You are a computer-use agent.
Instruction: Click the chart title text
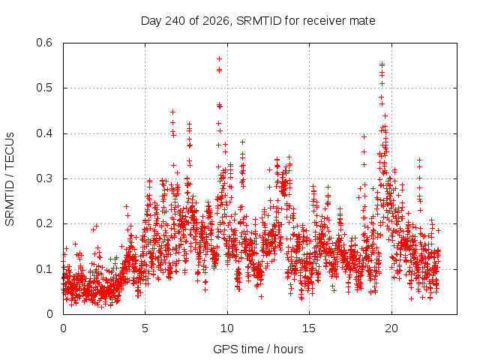click(258, 21)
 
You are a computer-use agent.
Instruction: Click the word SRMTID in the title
click(259, 21)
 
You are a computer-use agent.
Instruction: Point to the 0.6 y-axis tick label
click(44, 43)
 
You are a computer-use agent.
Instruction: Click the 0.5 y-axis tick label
click(44, 88)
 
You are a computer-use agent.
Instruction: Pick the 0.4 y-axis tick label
click(44, 133)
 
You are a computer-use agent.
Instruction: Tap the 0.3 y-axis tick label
click(44, 178)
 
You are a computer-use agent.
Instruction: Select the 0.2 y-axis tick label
click(44, 223)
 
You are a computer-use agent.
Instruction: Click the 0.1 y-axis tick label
click(44, 269)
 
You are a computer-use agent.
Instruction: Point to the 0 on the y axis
click(49, 313)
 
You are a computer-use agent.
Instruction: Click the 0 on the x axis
click(63, 328)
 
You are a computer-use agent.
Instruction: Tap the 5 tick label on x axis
click(145, 328)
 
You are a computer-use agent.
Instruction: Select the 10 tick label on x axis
click(227, 328)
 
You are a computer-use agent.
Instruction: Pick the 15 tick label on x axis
click(309, 328)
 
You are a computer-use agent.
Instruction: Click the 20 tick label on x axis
click(391, 328)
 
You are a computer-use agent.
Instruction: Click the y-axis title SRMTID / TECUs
click(10, 179)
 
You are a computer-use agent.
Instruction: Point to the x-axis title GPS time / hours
click(258, 349)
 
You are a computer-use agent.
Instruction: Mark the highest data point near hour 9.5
click(219, 58)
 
